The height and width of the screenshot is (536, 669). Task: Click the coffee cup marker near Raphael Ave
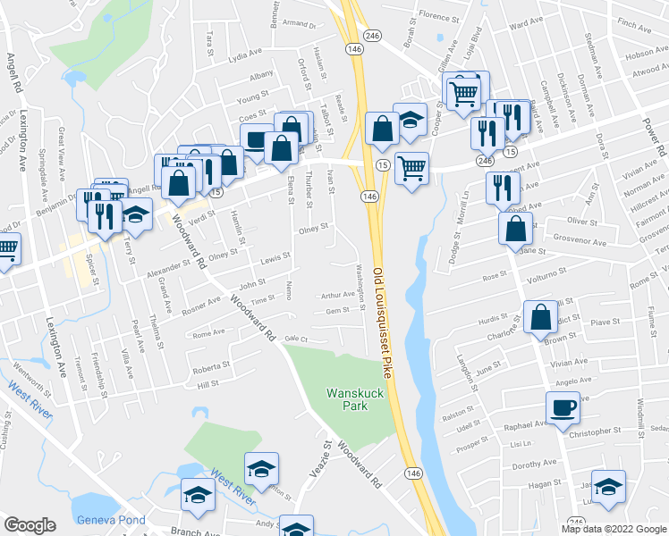click(x=563, y=409)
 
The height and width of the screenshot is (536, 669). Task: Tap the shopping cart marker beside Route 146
click(x=411, y=167)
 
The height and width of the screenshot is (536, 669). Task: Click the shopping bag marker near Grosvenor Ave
click(x=516, y=230)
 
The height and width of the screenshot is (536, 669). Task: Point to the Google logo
click(x=30, y=525)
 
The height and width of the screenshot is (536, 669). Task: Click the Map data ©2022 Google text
click(x=614, y=529)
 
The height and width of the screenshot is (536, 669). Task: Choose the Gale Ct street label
click(x=296, y=339)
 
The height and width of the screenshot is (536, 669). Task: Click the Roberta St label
click(x=212, y=365)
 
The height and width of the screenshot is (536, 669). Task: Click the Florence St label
click(x=438, y=16)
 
